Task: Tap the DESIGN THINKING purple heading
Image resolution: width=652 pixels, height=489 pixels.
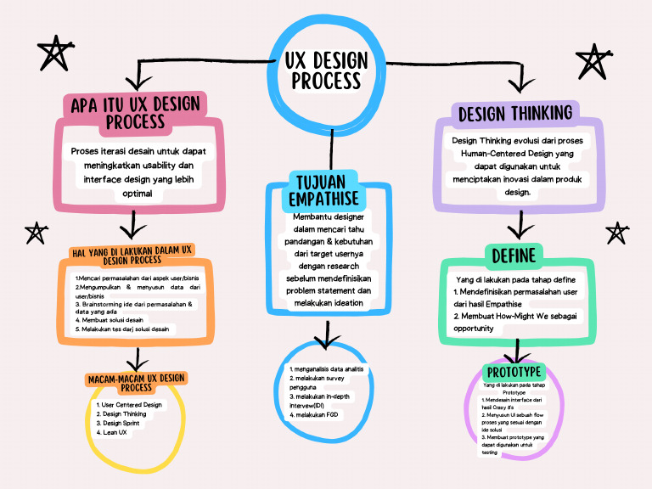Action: coord(515,112)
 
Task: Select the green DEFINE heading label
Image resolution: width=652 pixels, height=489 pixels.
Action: coord(512,256)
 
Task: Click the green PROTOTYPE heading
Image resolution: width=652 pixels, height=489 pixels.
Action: coord(513,372)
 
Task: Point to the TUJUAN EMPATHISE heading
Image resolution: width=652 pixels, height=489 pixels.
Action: coord(328,189)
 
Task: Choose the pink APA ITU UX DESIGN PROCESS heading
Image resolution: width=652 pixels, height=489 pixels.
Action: coord(136,112)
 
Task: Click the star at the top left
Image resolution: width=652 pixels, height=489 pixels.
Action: coord(53,53)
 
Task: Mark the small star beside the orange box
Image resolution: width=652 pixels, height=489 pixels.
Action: coord(36,232)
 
